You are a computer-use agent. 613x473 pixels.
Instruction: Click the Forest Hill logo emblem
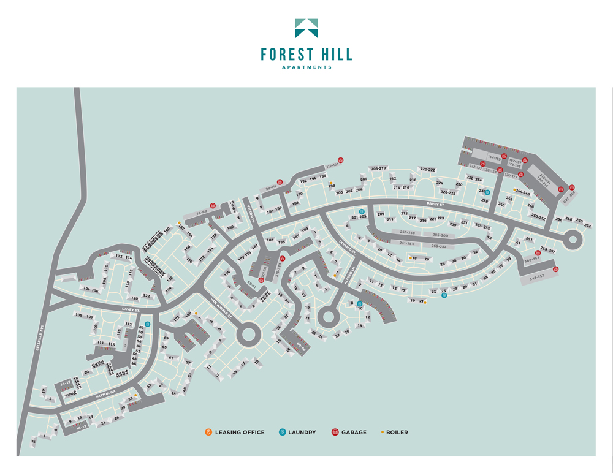306,28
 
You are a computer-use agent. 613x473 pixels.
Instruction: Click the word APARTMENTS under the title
306,67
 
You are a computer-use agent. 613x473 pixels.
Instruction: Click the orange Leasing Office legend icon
209,433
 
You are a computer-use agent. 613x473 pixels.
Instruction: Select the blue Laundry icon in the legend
282,433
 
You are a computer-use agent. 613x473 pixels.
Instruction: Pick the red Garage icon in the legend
335,433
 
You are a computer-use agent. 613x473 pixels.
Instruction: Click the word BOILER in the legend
397,433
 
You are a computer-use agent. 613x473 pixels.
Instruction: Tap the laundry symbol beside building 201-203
362,211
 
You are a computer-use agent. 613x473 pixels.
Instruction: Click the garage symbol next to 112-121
341,161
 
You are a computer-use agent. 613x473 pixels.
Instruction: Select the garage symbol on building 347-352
556,269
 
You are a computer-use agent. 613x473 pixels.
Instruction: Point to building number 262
587,225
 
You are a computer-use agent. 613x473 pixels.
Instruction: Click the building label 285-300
440,235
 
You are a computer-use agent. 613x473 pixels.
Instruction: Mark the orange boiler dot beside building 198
330,183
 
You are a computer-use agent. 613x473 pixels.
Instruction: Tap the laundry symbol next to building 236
488,192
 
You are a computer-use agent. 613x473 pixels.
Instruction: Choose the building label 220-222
427,169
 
